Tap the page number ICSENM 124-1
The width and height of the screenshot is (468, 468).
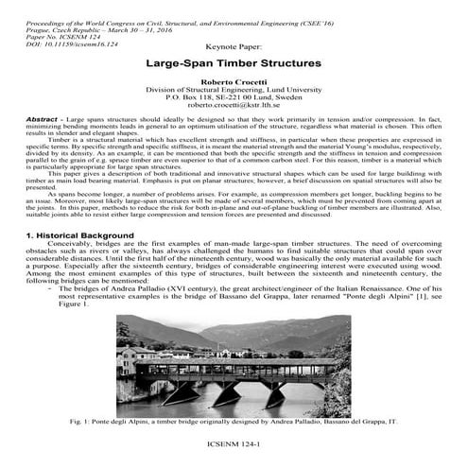coord(234,441)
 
